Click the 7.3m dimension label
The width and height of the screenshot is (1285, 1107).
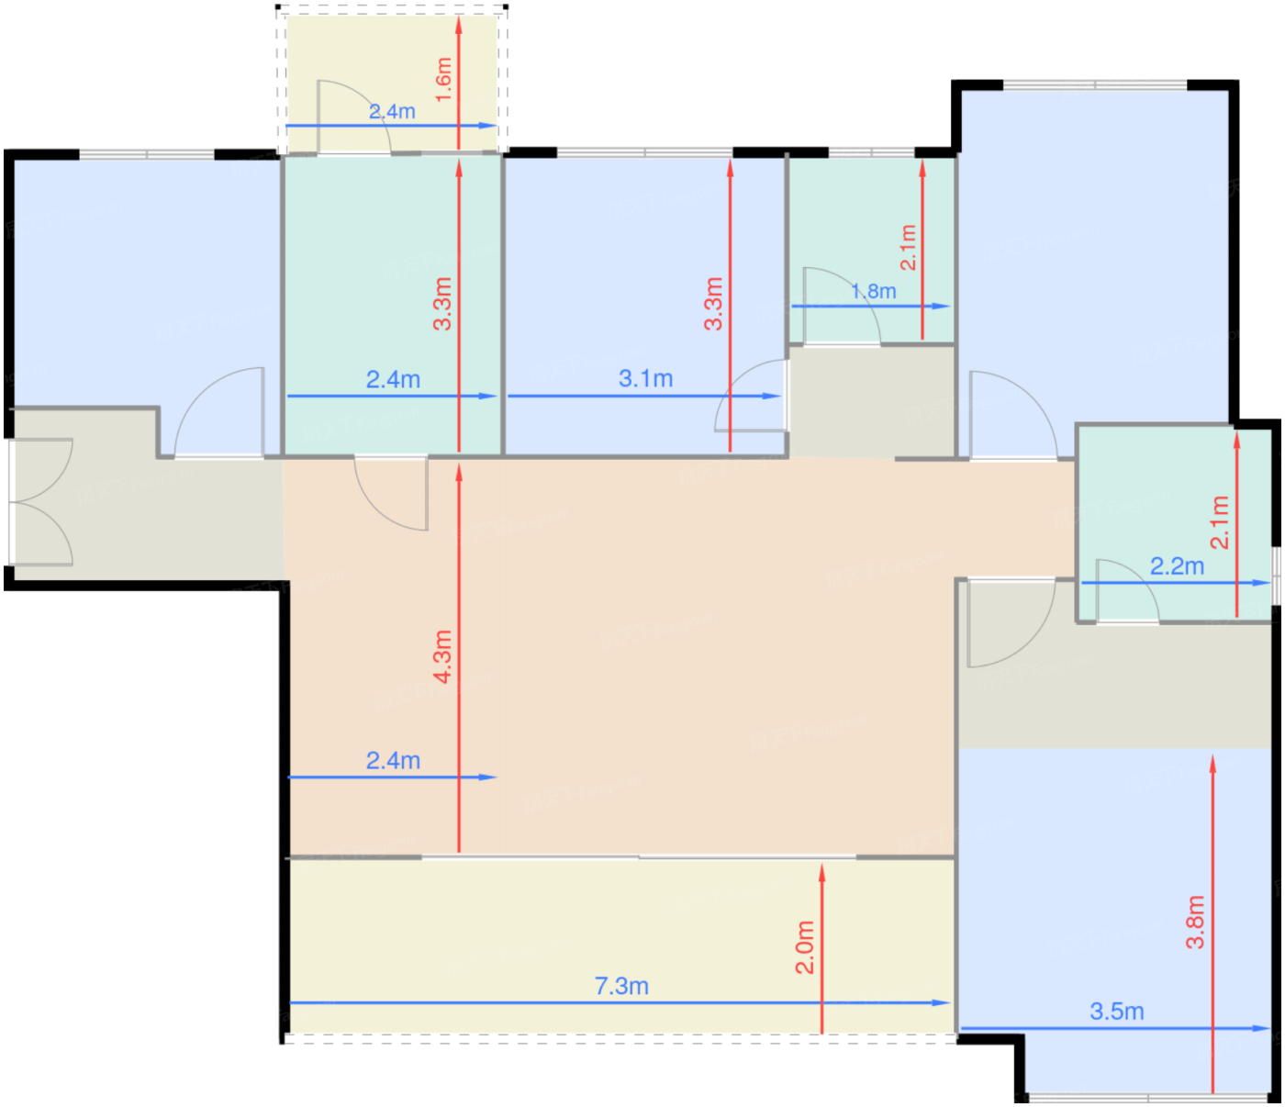point(621,987)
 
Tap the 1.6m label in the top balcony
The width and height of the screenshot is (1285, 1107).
point(443,80)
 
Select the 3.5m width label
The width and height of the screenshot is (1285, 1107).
point(1116,1012)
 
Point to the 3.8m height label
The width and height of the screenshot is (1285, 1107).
point(1195,922)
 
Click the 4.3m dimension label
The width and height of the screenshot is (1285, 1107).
point(442,656)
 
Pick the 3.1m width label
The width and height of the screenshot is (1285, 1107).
point(645,378)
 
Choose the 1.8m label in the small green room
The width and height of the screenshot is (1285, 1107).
point(873,291)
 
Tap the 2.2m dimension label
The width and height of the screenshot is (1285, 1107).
point(1177,566)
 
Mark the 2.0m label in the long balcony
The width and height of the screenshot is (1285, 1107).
point(804,947)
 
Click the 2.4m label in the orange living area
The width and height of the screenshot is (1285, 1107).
point(393,760)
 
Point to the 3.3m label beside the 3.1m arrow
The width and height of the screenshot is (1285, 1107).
point(713,303)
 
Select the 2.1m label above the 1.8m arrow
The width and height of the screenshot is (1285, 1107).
point(909,247)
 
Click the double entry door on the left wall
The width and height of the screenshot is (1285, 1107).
point(40,502)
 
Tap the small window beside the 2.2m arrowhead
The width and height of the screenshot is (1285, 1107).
point(1276,576)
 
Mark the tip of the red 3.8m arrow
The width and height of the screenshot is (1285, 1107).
point(1212,755)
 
